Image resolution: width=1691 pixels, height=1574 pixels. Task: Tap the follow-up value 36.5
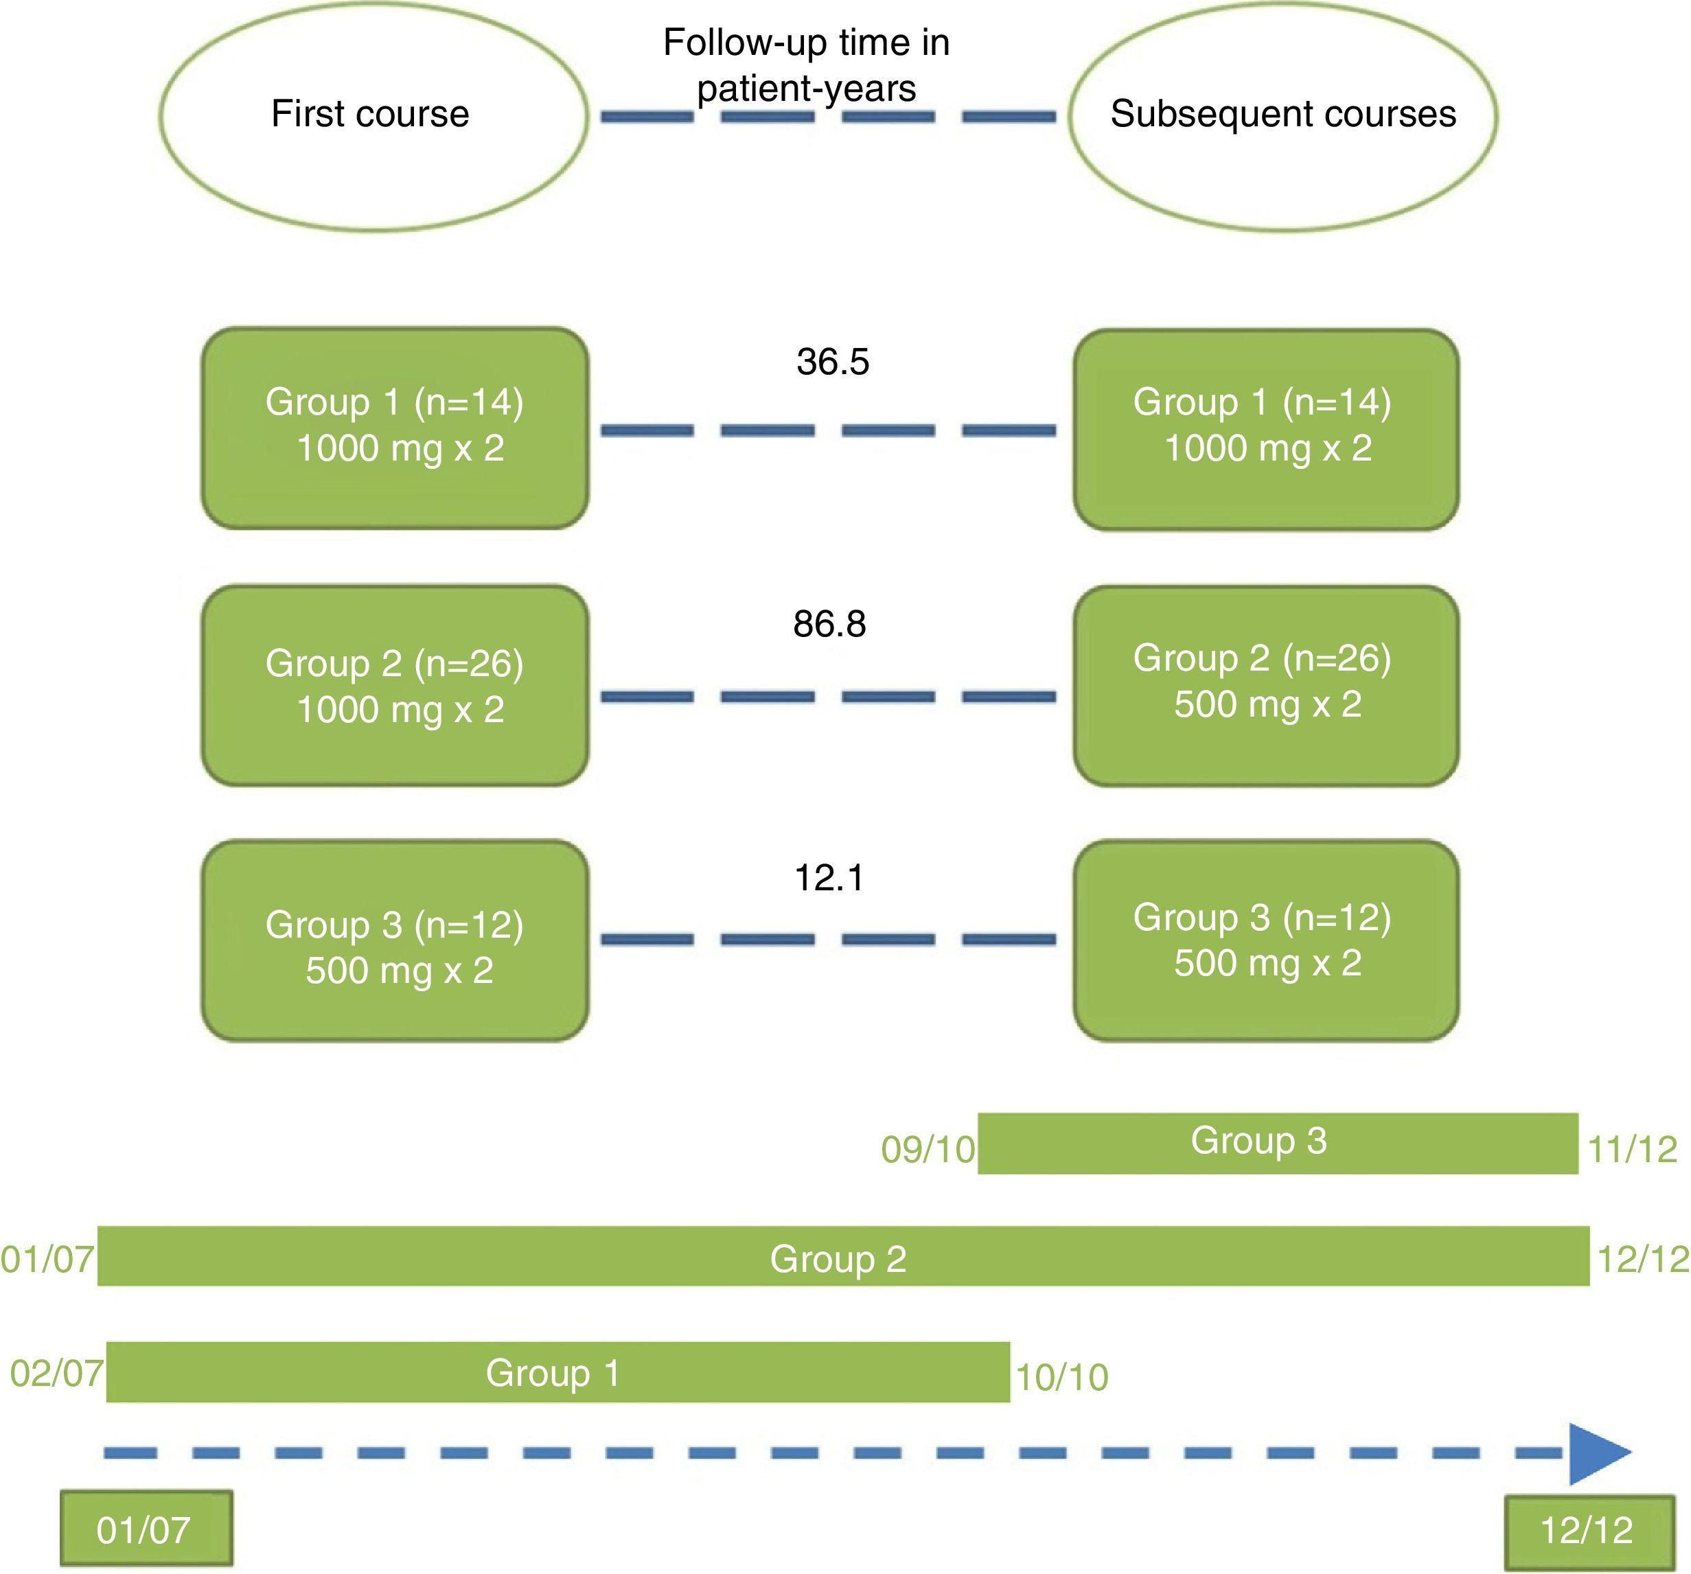click(x=833, y=361)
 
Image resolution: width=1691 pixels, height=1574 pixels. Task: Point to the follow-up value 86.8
click(x=829, y=624)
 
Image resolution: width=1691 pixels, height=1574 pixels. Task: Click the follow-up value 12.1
click(x=829, y=877)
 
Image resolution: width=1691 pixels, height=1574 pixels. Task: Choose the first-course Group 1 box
click(x=395, y=427)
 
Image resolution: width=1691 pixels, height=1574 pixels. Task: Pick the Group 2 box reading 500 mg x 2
click(x=1266, y=684)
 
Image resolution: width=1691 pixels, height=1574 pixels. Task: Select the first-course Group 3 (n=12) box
click(x=395, y=940)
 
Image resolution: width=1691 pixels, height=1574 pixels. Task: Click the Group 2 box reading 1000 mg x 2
click(x=395, y=684)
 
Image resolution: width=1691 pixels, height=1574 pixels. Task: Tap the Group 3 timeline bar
click(x=1278, y=1142)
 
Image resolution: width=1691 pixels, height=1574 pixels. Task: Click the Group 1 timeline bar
click(x=557, y=1372)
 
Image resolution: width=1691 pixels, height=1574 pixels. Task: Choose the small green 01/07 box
click(x=146, y=1529)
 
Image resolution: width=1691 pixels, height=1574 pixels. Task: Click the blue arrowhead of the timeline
click(x=1596, y=1453)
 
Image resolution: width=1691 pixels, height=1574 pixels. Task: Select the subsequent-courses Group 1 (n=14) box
click(x=1266, y=428)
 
